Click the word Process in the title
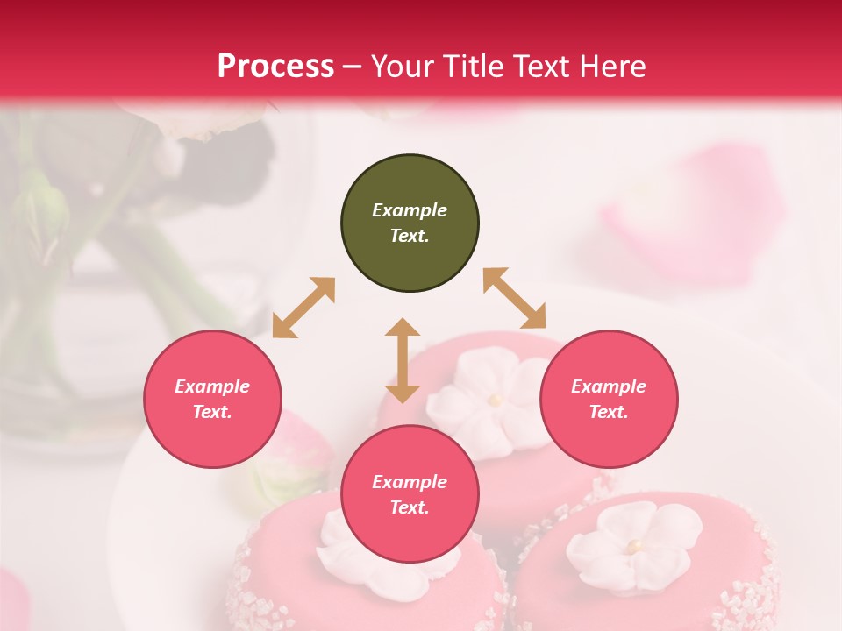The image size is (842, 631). point(275,67)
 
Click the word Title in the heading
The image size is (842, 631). point(469,67)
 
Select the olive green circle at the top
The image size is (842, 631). point(410,223)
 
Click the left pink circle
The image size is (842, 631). point(212,400)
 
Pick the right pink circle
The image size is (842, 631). point(608,400)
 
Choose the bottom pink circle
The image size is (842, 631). point(410,494)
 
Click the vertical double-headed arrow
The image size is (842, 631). point(403,360)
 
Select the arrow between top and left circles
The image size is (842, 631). point(303,308)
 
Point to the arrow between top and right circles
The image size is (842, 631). point(515,298)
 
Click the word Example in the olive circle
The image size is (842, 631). point(410,210)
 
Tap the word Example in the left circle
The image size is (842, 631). point(212,386)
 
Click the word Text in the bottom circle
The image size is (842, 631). point(409,507)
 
